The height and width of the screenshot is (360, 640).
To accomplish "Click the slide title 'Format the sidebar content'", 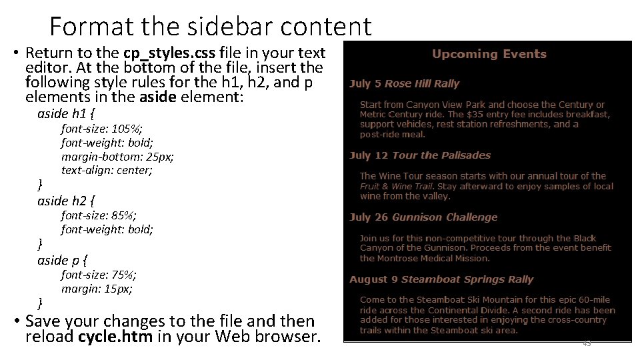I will (210, 27).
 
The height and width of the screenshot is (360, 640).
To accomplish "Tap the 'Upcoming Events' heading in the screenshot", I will (489, 54).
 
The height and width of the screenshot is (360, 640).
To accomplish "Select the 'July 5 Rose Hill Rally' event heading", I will (404, 83).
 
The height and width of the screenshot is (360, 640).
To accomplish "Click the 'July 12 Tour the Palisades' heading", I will (419, 155).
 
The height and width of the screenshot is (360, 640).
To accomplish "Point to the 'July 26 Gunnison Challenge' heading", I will (423, 217).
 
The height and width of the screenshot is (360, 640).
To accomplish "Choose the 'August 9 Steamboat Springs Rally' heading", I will (441, 279).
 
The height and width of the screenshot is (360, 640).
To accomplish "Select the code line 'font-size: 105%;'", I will (101, 128).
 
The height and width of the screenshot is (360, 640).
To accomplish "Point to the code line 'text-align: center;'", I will (107, 170).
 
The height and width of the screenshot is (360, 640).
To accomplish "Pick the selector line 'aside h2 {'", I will (67, 200).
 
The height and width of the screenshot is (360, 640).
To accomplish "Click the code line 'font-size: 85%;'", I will (99, 215).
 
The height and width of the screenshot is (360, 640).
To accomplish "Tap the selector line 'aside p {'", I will (63, 259).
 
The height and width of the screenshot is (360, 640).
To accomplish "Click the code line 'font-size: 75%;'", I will (99, 274).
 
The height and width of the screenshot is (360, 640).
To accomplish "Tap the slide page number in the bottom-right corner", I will (587, 343).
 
